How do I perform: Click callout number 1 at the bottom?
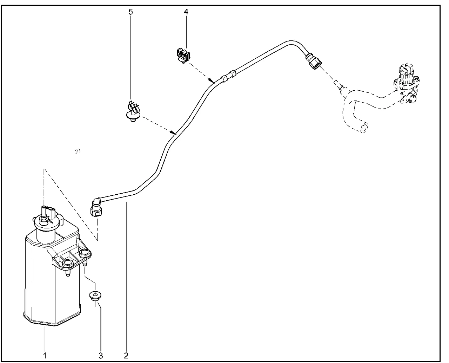click(x=45, y=355)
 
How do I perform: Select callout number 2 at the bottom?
click(x=126, y=355)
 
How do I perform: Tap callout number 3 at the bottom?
click(x=101, y=355)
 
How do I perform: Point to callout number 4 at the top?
click(x=186, y=12)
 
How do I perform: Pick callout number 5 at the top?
click(x=131, y=12)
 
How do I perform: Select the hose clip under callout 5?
click(x=133, y=111)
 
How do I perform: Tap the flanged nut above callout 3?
click(x=94, y=295)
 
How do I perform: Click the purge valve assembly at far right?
click(x=407, y=84)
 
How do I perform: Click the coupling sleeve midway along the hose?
click(x=228, y=76)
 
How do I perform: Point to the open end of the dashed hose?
click(x=363, y=128)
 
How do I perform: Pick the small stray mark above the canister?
click(x=78, y=151)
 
